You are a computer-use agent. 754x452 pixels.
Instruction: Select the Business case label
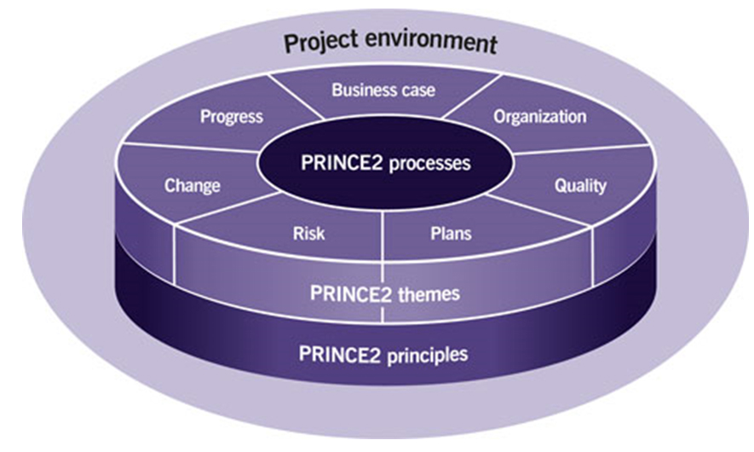383,90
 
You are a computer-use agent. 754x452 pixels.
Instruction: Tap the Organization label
539,117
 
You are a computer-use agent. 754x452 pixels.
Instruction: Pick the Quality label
579,184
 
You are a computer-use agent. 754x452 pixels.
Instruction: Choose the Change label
192,185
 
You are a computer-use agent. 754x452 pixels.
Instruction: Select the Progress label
231,117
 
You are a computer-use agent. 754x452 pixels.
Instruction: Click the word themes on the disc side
425,295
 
